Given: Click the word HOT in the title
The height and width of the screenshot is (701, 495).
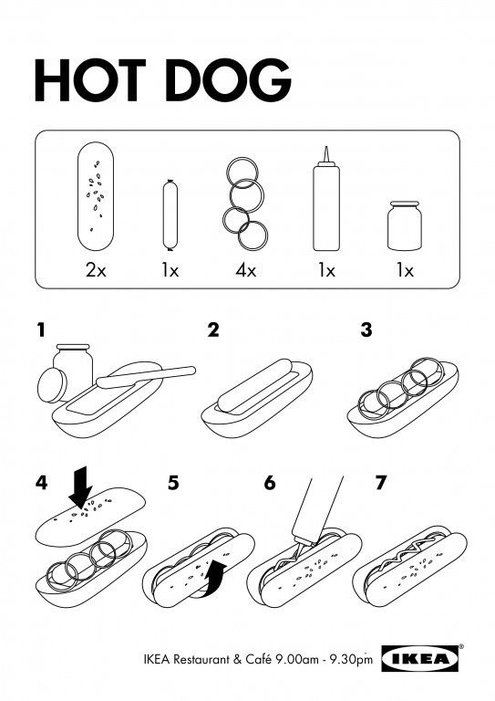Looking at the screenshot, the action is coord(90,80).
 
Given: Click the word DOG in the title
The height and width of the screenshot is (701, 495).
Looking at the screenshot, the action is coord(228,80).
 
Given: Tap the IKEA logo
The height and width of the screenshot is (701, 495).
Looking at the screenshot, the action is coord(420,658).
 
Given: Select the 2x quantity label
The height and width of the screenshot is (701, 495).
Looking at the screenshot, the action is coord(96,270).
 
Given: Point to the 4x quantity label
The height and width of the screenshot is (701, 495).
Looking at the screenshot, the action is coord(245,270).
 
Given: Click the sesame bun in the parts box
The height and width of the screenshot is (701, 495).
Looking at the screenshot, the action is coord(96,196).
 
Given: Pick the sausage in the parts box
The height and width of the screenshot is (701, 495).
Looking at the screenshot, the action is coord(170,215).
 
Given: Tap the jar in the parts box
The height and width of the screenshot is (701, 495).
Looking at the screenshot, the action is coord(405,225).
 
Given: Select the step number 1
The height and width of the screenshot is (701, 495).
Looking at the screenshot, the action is coord(41,330).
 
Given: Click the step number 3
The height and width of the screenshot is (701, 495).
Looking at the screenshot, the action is coord(366,330).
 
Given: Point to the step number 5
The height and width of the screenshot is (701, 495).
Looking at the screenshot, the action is coord(173,483).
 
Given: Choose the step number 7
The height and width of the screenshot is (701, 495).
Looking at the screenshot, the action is coord(380,483).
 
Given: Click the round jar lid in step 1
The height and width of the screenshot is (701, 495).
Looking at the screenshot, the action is coord(52,385).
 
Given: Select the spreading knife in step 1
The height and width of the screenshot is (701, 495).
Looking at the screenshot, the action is coord(146,377).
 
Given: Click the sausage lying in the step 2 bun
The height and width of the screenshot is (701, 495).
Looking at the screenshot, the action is coord(254,385).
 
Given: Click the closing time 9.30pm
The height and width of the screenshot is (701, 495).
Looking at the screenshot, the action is coord(350,660).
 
